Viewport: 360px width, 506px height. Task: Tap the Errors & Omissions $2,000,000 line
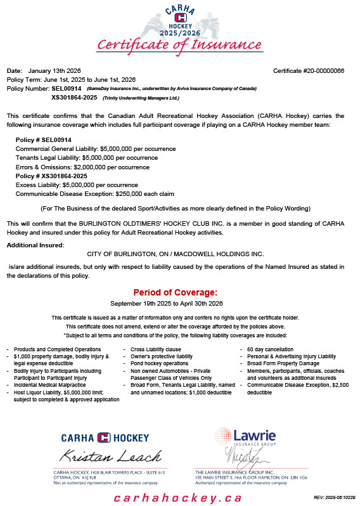pyautogui.click(x=91, y=166)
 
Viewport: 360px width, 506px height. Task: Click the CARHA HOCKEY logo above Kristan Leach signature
pyautogui.click(x=105, y=438)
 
